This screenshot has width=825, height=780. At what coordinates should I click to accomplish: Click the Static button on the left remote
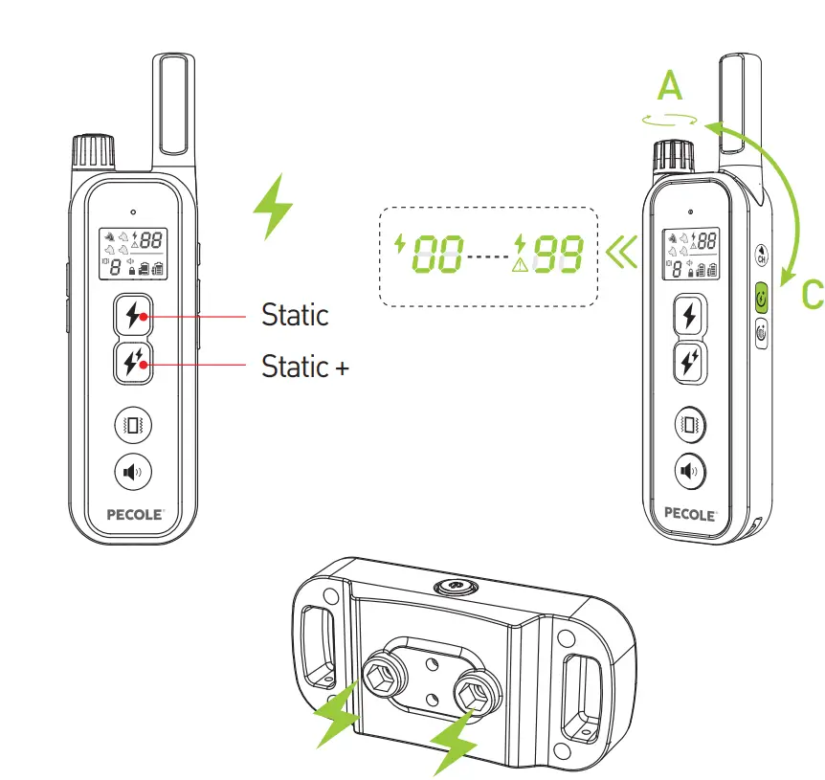click(x=133, y=314)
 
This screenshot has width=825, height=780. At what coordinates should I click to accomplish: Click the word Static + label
click(x=304, y=367)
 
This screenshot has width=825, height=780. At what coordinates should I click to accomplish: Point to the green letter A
click(x=671, y=87)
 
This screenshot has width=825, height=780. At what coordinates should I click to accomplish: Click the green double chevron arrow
click(x=620, y=256)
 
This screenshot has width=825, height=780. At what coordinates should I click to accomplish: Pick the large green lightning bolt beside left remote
click(x=274, y=206)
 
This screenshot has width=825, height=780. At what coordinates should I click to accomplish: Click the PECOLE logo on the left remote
click(x=133, y=513)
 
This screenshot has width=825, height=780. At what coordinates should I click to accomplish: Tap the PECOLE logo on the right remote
click(x=689, y=513)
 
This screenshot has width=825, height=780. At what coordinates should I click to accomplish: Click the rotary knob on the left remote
click(x=93, y=152)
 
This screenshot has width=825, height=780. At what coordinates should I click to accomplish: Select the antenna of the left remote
click(x=173, y=105)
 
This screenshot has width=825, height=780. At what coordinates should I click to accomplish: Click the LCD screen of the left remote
click(x=133, y=254)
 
